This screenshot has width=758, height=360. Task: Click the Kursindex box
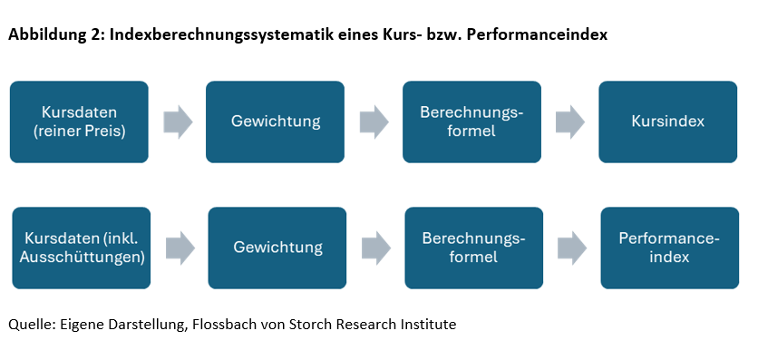click(667, 122)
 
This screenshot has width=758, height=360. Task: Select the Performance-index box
click(669, 248)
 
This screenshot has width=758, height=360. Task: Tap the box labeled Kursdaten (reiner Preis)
click(79, 122)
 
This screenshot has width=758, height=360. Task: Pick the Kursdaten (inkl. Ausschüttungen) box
click(81, 248)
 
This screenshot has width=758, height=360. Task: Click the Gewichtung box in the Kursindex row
click(275, 122)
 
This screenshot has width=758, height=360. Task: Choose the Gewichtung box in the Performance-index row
click(277, 248)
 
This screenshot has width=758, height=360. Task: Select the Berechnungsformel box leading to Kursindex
click(471, 122)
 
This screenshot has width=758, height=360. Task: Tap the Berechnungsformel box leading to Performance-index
click(473, 248)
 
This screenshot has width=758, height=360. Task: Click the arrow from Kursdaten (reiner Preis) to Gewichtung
click(178, 122)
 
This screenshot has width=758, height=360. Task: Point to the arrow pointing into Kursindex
click(570, 122)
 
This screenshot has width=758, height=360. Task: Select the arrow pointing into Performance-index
click(572, 248)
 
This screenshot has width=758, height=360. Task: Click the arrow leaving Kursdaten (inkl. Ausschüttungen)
click(180, 248)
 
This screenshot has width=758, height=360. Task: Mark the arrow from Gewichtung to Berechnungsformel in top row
click(374, 122)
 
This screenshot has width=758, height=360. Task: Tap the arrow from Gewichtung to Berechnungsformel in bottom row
click(375, 248)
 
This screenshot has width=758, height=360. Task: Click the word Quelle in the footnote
click(30, 324)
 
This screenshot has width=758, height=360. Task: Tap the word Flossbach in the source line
click(227, 324)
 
